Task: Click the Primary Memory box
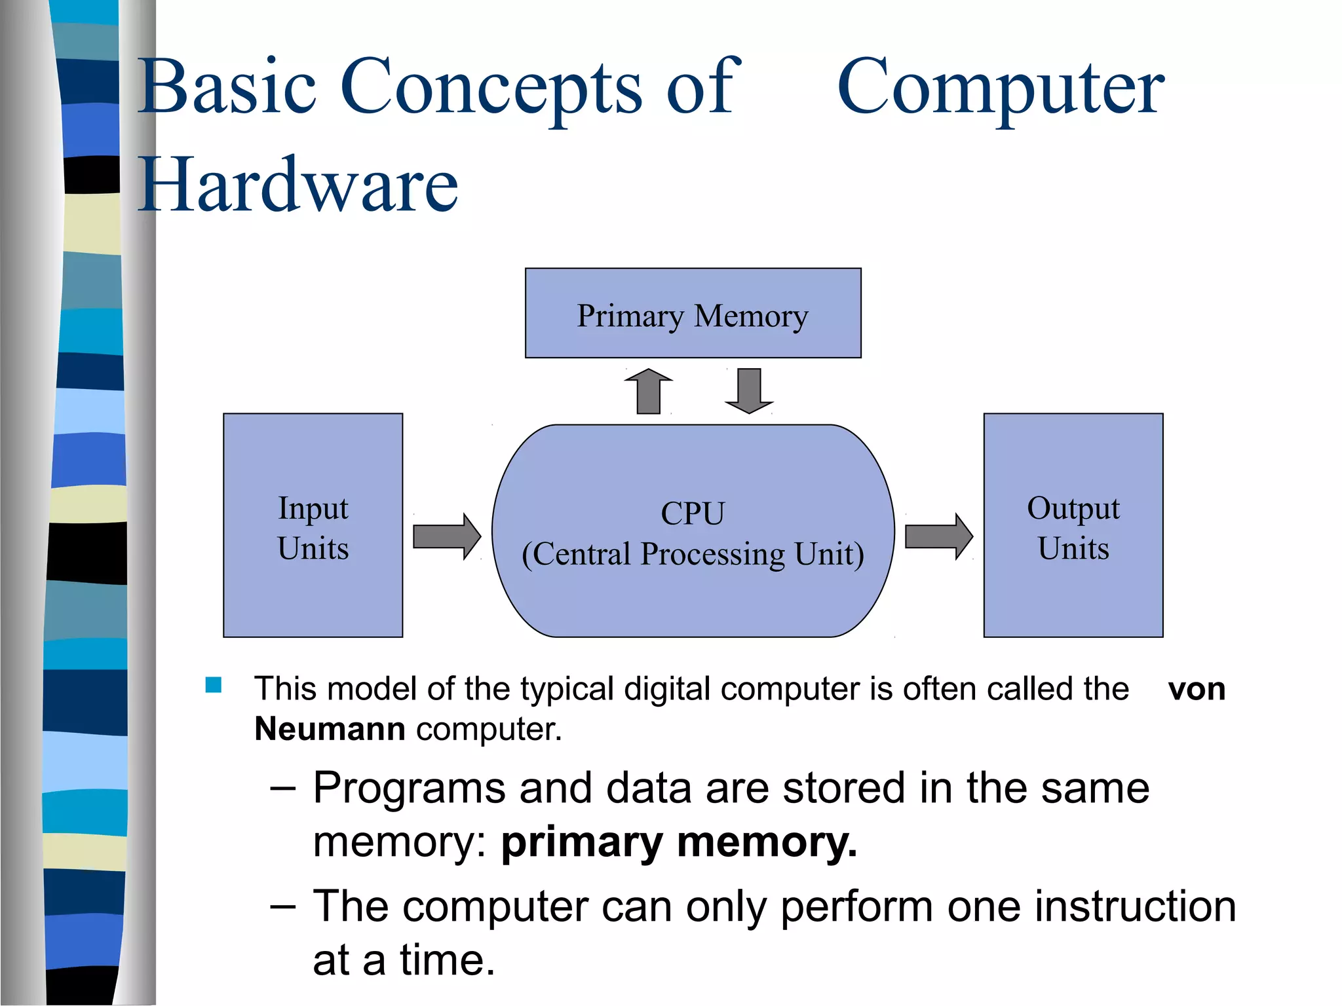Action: pyautogui.click(x=693, y=313)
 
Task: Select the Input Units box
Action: pyautogui.click(x=313, y=525)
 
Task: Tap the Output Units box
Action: pyautogui.click(x=1073, y=525)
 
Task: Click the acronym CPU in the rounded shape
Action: pyautogui.click(x=693, y=513)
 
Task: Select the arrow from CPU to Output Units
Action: pyautogui.click(x=938, y=536)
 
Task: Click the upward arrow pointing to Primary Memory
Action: pyautogui.click(x=648, y=391)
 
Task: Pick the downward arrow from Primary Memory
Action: pyautogui.click(x=749, y=391)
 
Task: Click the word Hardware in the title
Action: pyautogui.click(x=298, y=185)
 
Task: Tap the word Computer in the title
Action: pyautogui.click(x=1001, y=87)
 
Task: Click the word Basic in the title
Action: pyautogui.click(x=229, y=87)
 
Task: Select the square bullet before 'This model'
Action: pyautogui.click(x=214, y=685)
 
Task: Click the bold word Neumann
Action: pyautogui.click(x=330, y=729)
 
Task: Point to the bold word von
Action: pyautogui.click(x=1197, y=690)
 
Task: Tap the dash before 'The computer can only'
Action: pyautogui.click(x=283, y=907)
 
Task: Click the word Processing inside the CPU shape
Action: pyautogui.click(x=712, y=554)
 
